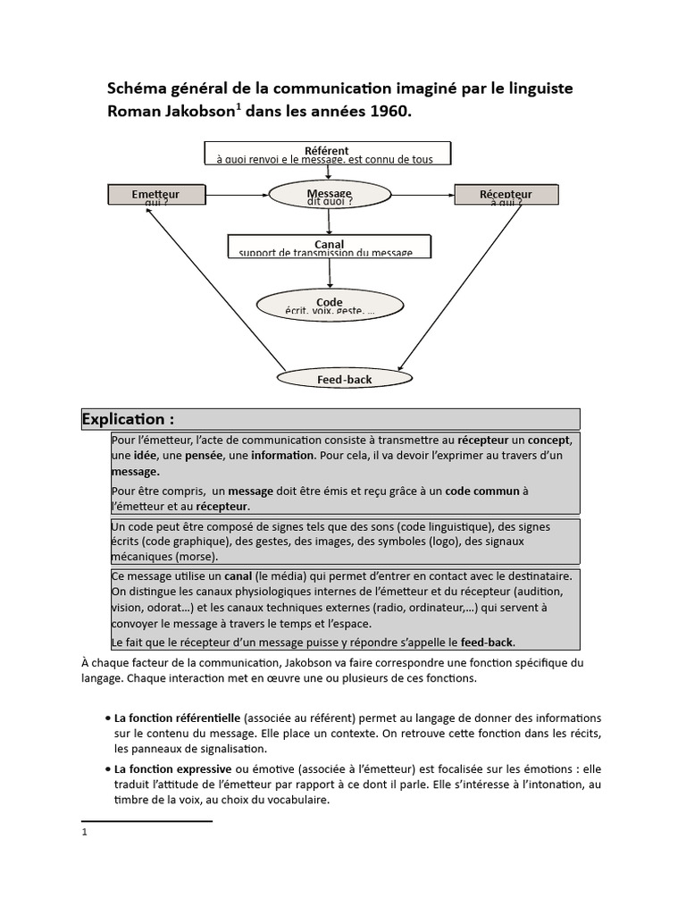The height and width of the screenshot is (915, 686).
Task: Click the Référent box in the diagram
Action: click(x=327, y=154)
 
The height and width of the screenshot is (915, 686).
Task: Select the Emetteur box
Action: click(x=155, y=195)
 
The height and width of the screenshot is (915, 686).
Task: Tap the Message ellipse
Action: click(x=330, y=197)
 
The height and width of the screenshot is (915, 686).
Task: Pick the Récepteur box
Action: click(x=506, y=195)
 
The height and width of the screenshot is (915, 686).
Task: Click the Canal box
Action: click(x=329, y=247)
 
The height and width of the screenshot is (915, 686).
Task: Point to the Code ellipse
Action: click(x=329, y=305)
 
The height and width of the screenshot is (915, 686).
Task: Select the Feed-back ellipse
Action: click(x=344, y=379)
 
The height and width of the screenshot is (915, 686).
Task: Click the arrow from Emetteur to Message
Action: click(x=236, y=193)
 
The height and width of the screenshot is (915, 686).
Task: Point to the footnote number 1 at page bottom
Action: click(x=84, y=832)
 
